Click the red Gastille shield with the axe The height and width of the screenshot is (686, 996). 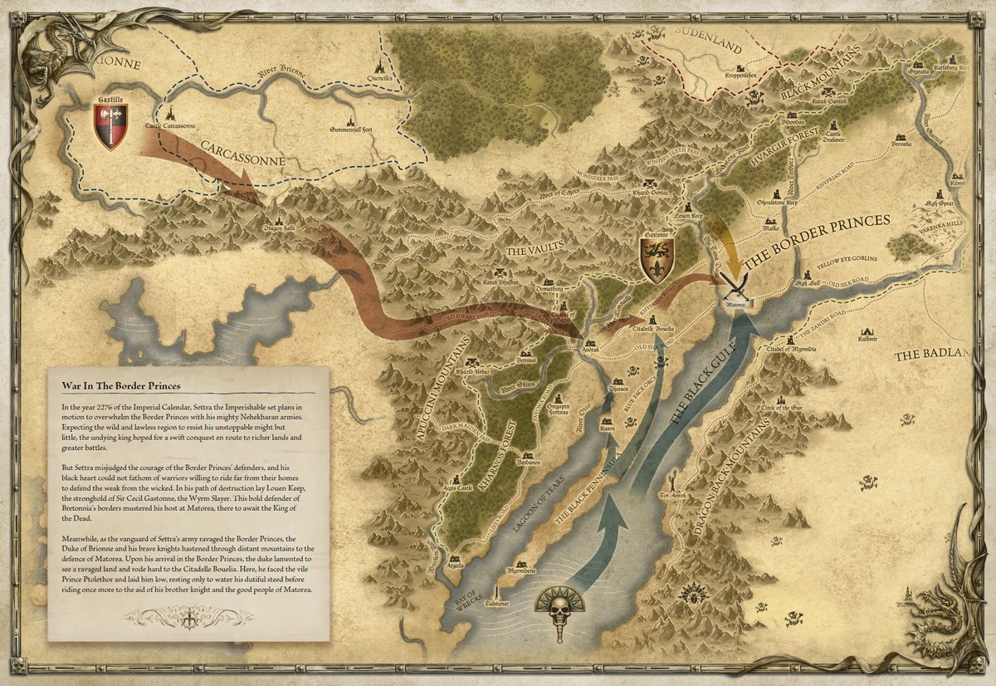[x=110, y=125]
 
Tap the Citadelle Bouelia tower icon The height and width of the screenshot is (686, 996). [x=652, y=319]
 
